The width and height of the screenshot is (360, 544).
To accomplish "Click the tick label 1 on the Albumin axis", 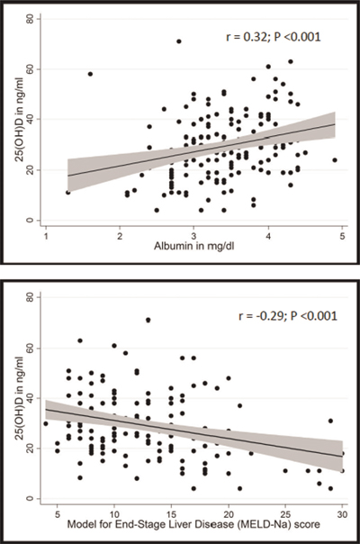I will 46,235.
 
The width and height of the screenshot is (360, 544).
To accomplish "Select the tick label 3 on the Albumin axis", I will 194,235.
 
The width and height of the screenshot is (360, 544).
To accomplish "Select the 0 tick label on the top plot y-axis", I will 31,220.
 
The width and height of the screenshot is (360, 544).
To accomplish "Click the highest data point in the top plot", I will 178,41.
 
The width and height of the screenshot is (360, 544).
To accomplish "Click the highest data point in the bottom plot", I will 148,320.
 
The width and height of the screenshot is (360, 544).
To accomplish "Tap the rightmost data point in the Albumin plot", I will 335,160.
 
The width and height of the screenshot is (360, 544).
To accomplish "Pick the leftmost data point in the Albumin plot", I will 67,192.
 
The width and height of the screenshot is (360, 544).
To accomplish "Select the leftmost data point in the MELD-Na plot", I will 46,423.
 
